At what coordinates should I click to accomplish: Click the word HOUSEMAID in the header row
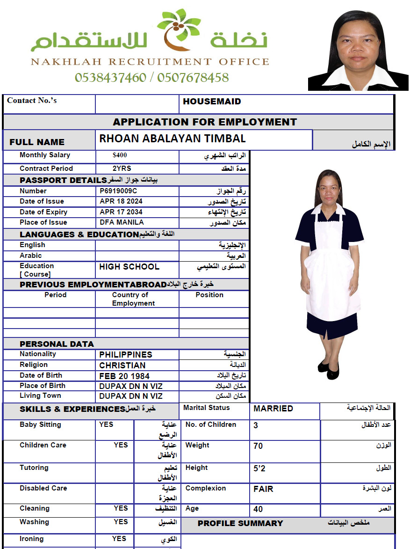(212, 102)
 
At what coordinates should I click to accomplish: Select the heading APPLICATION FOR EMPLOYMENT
(205, 122)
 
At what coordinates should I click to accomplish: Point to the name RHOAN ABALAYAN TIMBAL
(173, 139)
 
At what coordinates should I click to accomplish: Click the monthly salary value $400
(120, 155)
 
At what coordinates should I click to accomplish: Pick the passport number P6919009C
(118, 191)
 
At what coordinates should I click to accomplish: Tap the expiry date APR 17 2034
(121, 212)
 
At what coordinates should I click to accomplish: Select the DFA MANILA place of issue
(122, 222)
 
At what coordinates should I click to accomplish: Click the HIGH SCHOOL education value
(129, 267)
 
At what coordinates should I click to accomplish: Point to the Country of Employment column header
(133, 299)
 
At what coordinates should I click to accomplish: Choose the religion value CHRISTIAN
(122, 366)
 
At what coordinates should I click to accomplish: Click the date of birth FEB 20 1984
(124, 376)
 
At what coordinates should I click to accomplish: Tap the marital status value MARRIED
(273, 409)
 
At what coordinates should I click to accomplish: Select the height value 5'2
(259, 468)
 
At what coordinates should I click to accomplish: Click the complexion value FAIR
(263, 489)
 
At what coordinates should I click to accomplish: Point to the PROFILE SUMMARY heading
(240, 523)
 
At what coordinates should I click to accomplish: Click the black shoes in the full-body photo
(329, 369)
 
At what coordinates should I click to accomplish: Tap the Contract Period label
(46, 168)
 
